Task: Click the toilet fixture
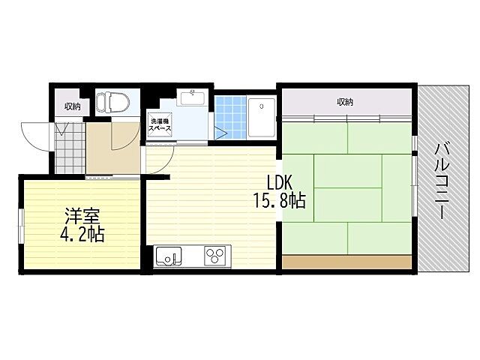point(112,102)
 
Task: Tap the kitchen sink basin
point(169,256)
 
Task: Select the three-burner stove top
point(214,256)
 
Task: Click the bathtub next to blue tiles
point(262,118)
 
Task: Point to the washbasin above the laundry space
point(193,98)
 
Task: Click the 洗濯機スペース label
point(160,124)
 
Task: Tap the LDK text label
point(280,183)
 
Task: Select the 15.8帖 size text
point(280,201)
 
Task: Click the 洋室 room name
point(82,217)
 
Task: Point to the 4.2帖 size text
point(82,235)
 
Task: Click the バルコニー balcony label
point(442,181)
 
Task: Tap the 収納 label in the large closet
point(345,102)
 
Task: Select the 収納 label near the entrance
point(73,106)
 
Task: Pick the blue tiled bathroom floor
point(231,117)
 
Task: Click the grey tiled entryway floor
point(70,148)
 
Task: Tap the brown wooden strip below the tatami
point(346,262)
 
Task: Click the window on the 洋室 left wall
point(21,226)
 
